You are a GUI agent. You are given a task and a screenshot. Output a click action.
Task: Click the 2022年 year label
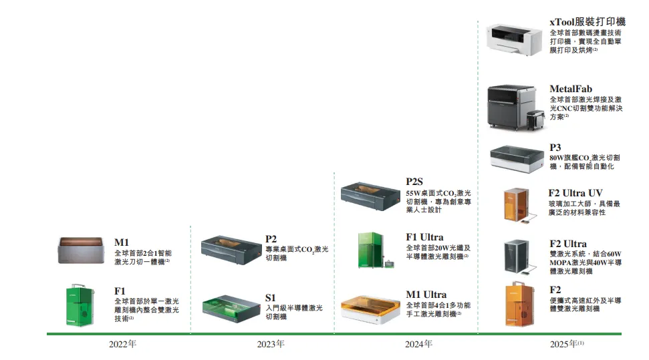point(122,345)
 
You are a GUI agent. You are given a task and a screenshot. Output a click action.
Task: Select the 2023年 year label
point(271,345)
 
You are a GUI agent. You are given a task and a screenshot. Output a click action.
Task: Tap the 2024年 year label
point(418,345)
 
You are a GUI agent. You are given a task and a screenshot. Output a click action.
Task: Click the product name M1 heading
point(122,242)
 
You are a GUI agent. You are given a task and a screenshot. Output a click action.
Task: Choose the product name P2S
point(415,182)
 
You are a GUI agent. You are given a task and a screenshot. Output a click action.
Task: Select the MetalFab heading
point(571,89)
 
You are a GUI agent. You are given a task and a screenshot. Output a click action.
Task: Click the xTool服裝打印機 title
point(588,22)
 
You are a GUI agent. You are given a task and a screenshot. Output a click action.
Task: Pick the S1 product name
point(270,297)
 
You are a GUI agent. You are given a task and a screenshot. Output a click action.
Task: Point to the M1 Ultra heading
point(426,295)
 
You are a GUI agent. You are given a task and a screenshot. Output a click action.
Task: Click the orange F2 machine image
point(517,305)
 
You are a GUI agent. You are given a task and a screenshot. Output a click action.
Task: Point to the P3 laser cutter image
point(517,158)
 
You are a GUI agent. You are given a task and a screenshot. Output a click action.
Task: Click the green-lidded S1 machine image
point(230,307)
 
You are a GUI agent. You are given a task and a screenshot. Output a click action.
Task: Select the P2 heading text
point(271,238)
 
